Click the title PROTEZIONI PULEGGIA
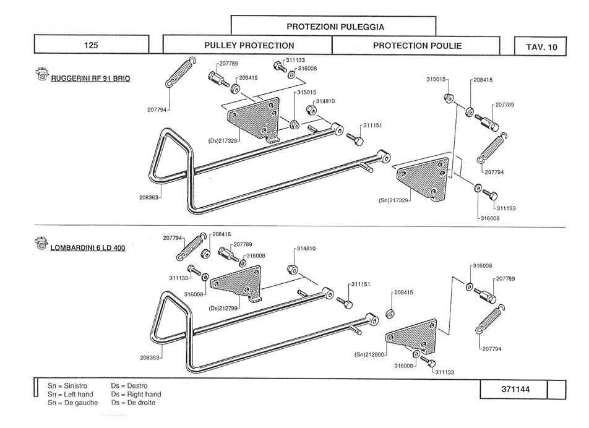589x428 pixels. tap(335, 27)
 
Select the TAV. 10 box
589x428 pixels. tap(540, 46)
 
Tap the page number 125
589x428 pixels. tap(91, 45)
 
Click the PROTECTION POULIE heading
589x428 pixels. tap(417, 46)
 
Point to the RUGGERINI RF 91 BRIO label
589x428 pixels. tap(90, 79)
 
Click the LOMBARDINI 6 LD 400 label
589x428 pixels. tap(88, 248)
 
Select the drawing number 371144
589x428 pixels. tap(515, 389)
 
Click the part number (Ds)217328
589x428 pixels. tap(223, 141)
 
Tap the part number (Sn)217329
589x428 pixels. tap(393, 200)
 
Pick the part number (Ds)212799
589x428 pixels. tap(223, 309)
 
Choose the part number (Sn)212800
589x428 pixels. tap(369, 354)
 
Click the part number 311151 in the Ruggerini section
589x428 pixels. tap(372, 126)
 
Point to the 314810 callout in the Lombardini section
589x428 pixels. tap(306, 249)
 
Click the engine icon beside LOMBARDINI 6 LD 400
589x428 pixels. tap(41, 243)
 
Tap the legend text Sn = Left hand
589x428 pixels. tap(71, 394)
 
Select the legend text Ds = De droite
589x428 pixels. tap(133, 403)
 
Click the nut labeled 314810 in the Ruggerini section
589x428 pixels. tap(311, 110)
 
